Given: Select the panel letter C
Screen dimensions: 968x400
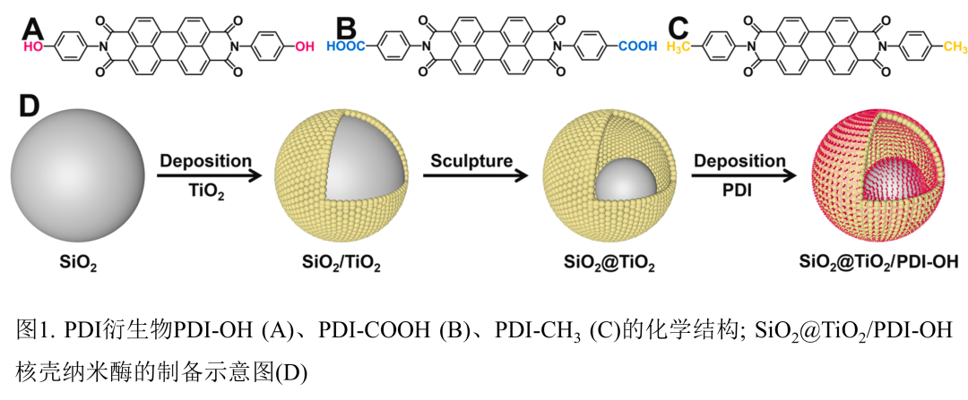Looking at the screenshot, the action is pos(678,23).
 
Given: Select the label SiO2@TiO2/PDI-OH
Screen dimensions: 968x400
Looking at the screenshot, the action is pos(877,263).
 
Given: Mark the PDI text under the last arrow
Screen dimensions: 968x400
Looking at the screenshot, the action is pos(738,191).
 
